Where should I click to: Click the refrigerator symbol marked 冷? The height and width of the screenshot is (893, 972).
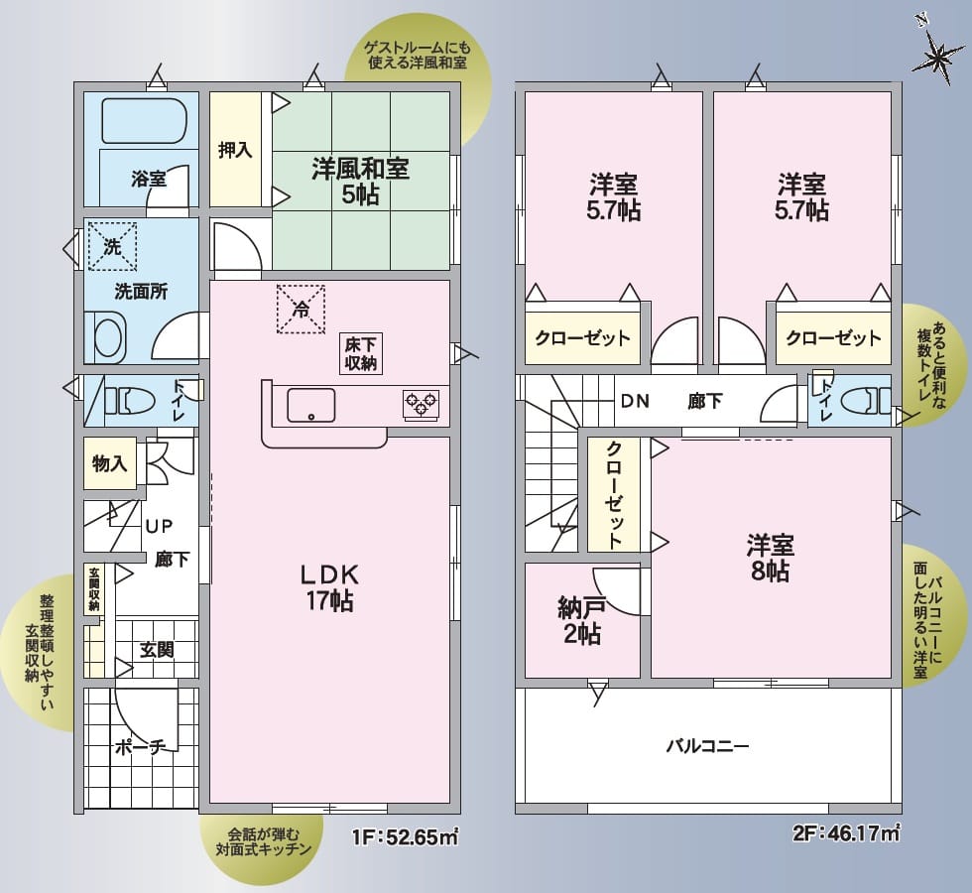coord(300,309)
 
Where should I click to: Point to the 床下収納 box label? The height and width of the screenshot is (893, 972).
coord(360,354)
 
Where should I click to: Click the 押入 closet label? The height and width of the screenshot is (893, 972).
coord(235,150)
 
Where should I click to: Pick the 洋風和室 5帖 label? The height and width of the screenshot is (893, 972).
coord(360,181)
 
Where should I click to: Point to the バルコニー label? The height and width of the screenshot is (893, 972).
coord(706,746)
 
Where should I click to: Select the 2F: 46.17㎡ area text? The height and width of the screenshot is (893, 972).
coord(846,835)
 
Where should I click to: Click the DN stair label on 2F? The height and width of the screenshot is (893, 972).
coord(635,402)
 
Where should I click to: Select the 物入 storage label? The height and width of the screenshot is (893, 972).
coord(109,462)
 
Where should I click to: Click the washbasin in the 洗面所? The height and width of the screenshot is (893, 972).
coord(108,337)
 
